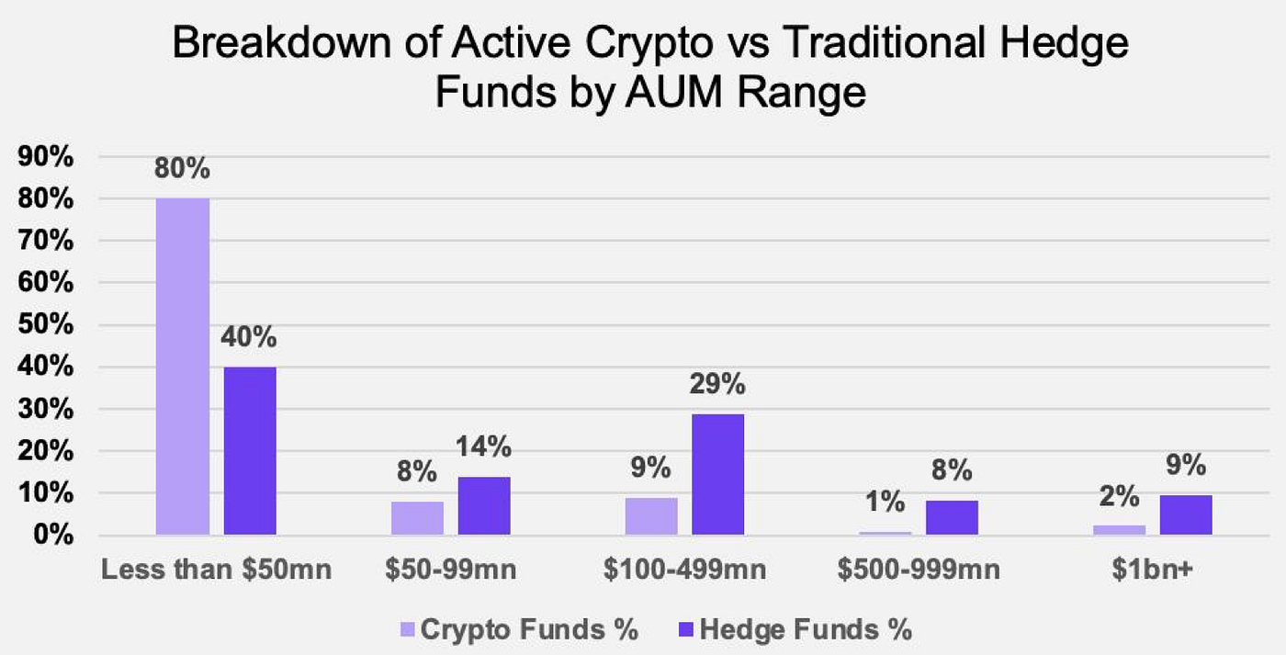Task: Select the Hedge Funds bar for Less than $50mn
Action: [250, 450]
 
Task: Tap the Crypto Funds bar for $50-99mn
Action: [417, 518]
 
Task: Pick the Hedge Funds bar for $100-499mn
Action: [718, 474]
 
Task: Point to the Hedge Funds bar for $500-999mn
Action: [952, 517]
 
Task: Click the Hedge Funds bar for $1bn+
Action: [1186, 514]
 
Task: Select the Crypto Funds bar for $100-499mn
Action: [651, 516]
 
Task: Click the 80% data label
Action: [183, 171]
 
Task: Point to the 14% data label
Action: [484, 448]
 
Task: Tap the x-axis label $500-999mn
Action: [919, 570]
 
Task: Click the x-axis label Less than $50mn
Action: [216, 570]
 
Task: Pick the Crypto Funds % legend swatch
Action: [408, 631]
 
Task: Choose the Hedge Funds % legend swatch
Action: [686, 631]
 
